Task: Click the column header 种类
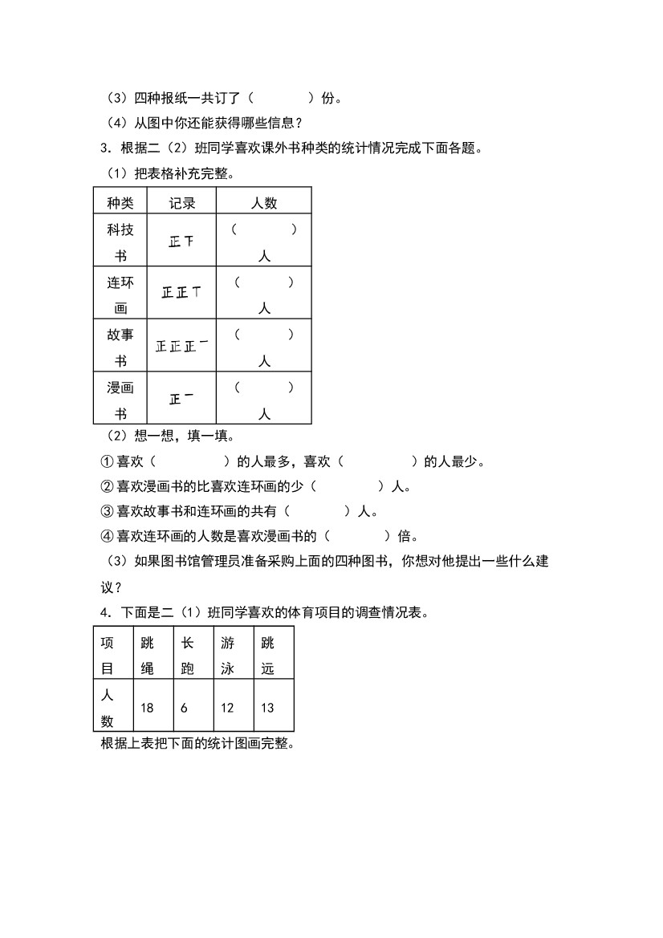click(120, 203)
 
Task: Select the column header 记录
click(182, 203)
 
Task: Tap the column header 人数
click(264, 203)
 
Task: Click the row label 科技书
click(120, 242)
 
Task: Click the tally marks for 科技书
click(181, 241)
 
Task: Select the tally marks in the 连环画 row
click(181, 293)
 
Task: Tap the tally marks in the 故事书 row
click(182, 347)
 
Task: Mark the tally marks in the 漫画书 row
click(181, 398)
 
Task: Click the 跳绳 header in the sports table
click(147, 655)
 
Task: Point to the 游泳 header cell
click(227, 655)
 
